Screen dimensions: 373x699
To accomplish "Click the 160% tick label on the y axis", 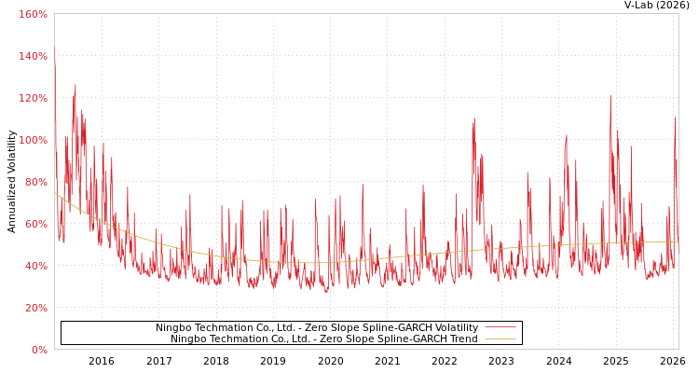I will tap(33, 14).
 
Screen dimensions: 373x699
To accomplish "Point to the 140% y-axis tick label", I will tap(33, 56).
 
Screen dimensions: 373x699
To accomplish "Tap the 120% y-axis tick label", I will tap(33, 98).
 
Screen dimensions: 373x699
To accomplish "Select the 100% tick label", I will tap(33, 140).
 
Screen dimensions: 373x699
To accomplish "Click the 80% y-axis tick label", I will tap(35, 182).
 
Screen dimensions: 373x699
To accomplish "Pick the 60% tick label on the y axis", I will tap(35, 224).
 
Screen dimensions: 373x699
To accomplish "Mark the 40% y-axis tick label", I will tap(35, 266).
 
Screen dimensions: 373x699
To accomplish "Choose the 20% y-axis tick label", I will tap(35, 308).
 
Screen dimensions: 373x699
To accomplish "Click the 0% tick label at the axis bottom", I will tap(38, 350).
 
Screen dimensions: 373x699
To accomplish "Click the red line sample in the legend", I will tap(500, 327).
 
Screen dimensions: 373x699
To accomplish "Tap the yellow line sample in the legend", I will tap(500, 338).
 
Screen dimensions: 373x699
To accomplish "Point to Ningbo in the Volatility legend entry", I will tap(172, 328).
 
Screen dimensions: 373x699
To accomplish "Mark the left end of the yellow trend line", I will tap(55, 193).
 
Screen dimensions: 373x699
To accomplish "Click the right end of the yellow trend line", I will tap(678, 242).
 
